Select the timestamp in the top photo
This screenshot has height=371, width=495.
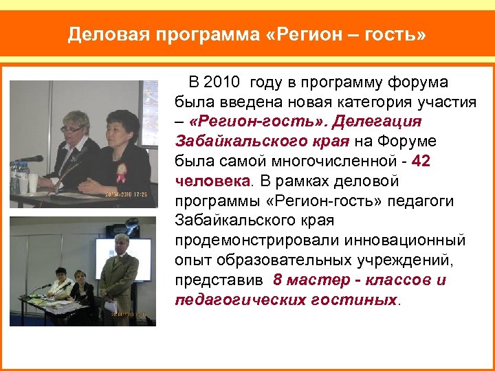[128, 194]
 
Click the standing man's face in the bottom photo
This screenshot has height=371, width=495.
[122, 244]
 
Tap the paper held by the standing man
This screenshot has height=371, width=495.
[111, 306]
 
